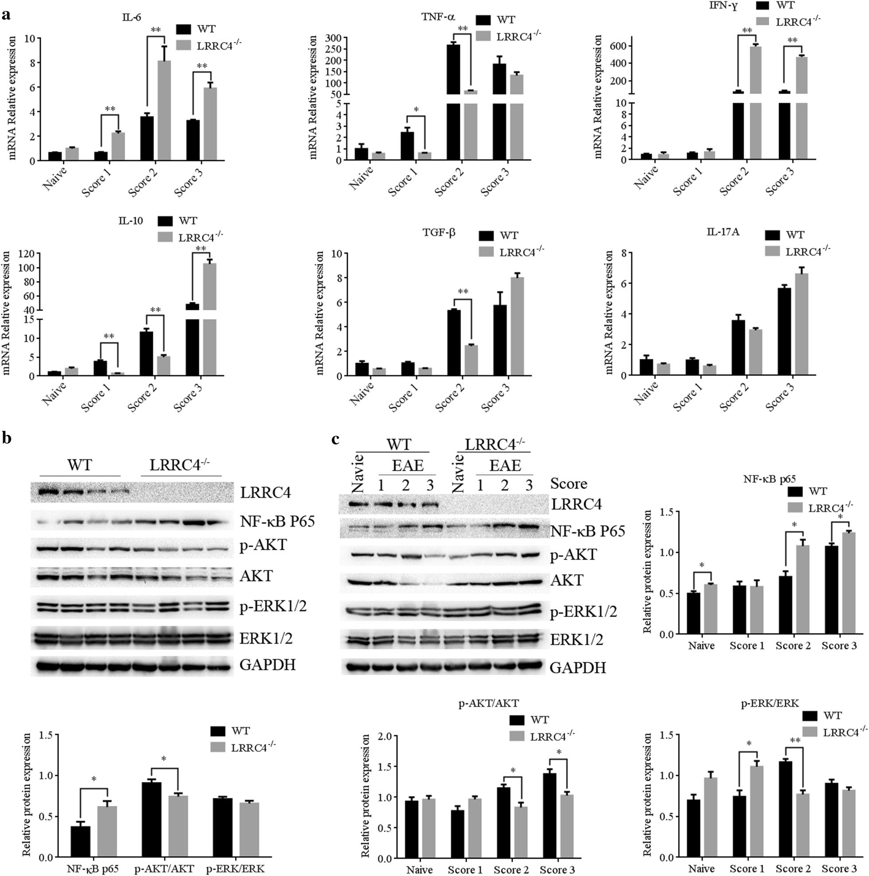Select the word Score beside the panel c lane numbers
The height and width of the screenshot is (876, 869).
(569, 484)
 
